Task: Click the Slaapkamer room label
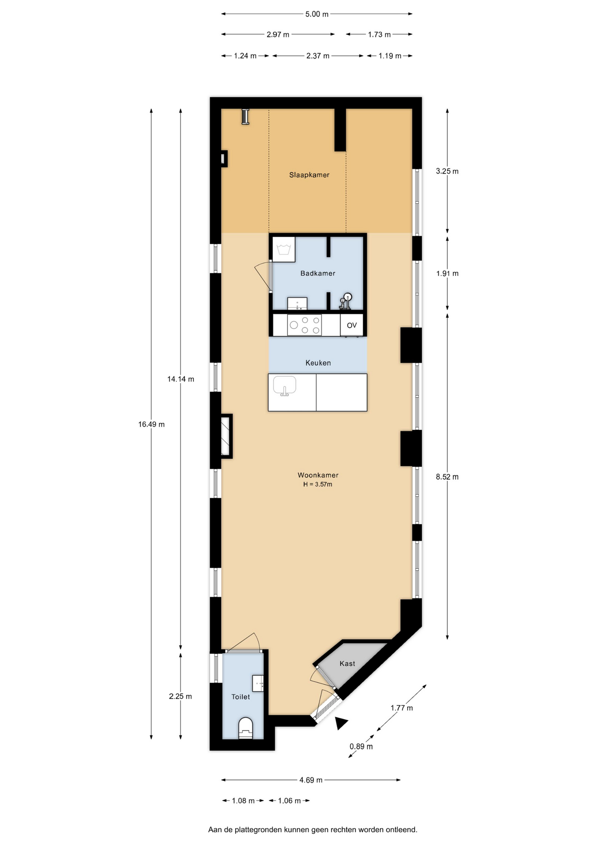(x=309, y=175)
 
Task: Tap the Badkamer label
(x=318, y=273)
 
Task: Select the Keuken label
(x=318, y=363)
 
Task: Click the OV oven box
(x=352, y=325)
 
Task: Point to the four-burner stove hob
(x=304, y=325)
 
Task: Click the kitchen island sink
(x=284, y=386)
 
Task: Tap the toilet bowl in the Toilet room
(x=246, y=728)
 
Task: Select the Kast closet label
(x=347, y=663)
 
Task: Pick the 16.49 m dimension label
(x=151, y=424)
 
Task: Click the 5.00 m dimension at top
(x=317, y=14)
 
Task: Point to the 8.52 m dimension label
(x=447, y=477)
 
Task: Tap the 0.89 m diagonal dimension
(x=361, y=746)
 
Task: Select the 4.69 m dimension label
(x=311, y=780)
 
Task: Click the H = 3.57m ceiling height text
(x=318, y=485)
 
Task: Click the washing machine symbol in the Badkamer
(x=284, y=250)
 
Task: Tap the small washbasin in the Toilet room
(x=258, y=683)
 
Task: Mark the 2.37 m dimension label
(x=318, y=56)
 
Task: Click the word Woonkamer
(x=318, y=475)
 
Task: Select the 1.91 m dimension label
(x=447, y=273)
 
